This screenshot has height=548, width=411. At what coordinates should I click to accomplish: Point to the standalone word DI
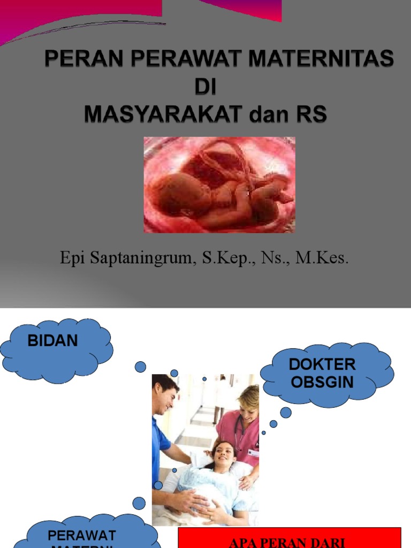click(x=205, y=86)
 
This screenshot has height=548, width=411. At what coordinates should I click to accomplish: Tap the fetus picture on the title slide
click(x=219, y=185)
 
